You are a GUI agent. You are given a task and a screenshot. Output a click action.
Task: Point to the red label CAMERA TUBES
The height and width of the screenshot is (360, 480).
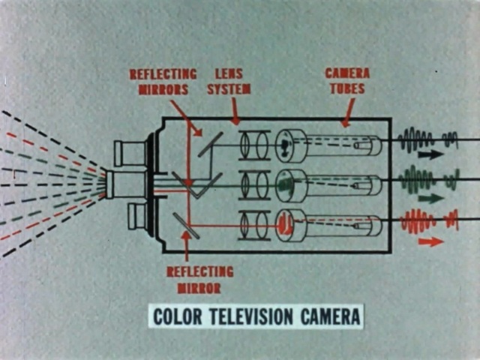346,81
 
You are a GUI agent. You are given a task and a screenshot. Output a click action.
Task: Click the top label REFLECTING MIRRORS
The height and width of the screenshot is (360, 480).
163,82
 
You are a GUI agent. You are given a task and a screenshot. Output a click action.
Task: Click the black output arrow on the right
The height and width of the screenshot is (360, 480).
430,155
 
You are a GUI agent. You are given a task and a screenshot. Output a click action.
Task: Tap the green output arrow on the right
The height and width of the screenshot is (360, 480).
430,199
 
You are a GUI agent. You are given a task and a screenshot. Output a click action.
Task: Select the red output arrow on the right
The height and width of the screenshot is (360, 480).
430,241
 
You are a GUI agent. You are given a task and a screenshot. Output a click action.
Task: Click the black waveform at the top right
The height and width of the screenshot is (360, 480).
428,139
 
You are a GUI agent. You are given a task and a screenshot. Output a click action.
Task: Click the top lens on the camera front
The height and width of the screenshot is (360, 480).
130,153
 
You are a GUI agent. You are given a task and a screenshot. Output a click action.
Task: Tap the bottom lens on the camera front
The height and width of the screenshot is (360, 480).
140,216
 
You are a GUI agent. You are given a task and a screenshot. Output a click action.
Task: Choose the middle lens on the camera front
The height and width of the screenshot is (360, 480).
120,184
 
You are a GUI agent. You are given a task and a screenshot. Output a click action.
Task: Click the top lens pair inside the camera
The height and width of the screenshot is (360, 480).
254,145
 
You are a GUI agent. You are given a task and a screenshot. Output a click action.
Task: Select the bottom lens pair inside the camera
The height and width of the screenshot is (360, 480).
254,226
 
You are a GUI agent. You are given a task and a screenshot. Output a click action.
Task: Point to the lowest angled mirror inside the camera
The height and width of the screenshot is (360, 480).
186,226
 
